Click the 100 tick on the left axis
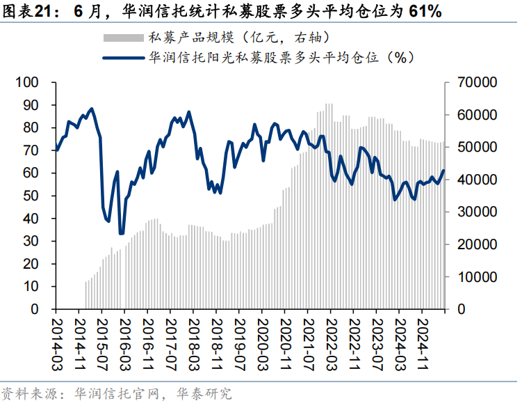click(32, 83)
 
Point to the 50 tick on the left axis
click(36, 196)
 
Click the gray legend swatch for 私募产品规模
click(123, 37)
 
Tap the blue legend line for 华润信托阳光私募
click(123, 58)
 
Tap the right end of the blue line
click(443, 171)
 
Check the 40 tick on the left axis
click(36, 219)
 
